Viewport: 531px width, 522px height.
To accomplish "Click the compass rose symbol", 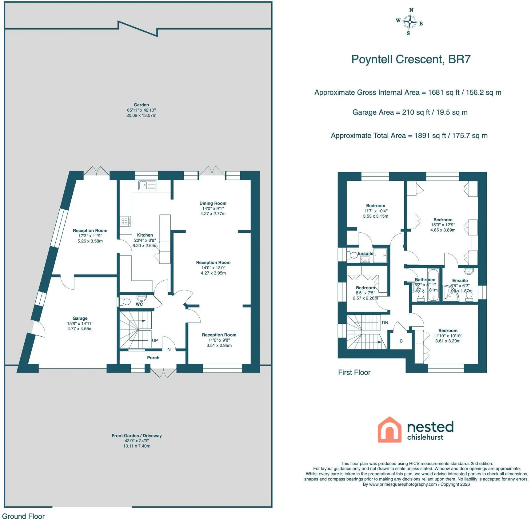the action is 409,22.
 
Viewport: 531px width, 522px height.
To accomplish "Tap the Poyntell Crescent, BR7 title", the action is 411,59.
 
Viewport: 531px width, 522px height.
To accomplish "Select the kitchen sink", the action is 147,185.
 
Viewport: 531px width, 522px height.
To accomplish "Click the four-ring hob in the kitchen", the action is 125,221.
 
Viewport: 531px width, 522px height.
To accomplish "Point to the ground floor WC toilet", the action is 124,302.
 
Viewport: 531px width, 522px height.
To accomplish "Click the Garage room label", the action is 80,318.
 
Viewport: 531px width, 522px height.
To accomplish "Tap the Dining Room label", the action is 213,203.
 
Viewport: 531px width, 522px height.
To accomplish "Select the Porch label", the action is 153,358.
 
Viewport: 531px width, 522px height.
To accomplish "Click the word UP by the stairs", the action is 155,340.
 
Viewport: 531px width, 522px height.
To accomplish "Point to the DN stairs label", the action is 385,322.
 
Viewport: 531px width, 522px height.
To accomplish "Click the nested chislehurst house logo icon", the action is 389,429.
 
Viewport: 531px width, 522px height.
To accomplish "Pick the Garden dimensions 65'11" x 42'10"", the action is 142,110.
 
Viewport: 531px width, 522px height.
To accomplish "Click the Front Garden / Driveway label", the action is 137,436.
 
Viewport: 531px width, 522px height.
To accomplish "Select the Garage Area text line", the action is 410,113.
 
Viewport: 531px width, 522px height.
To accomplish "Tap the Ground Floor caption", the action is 23,516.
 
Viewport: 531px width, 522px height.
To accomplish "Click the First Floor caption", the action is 354,372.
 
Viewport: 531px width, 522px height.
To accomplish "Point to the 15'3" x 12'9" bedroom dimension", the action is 443,225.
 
